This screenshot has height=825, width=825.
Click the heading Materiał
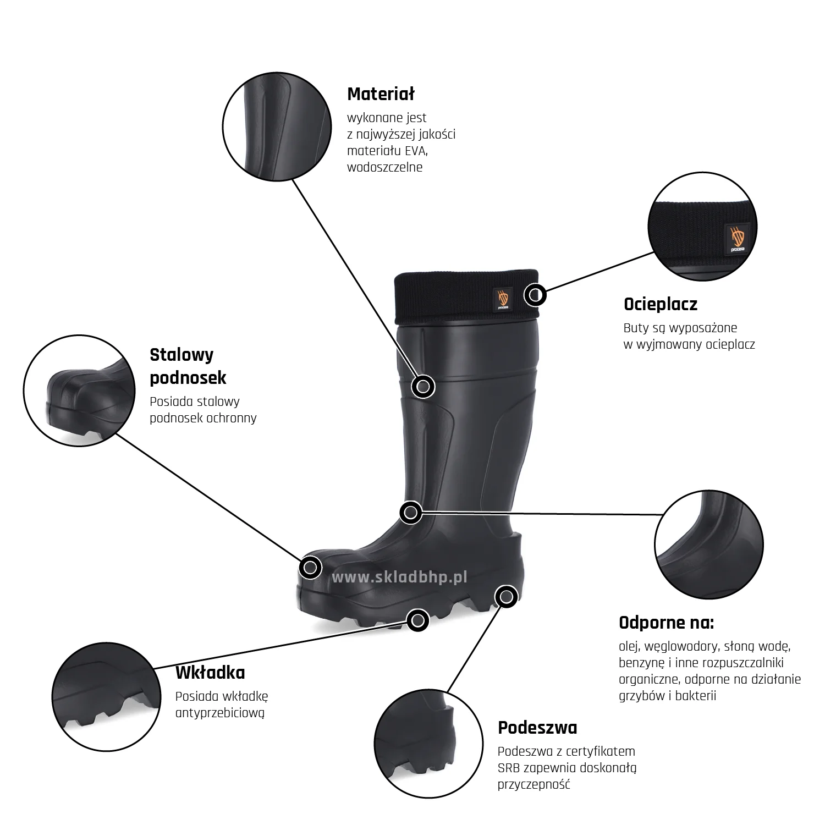381,94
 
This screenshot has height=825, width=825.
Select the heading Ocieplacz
661,304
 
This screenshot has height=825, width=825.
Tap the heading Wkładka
210,673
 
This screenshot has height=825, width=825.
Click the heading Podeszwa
537,728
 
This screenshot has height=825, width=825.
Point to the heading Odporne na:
666,623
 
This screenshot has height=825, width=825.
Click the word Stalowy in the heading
182,355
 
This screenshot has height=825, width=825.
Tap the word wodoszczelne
384,167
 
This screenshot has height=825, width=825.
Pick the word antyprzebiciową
220,713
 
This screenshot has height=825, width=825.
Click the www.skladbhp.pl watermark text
399,577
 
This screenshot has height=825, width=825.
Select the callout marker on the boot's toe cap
310,566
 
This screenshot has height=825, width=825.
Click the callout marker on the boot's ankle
410,513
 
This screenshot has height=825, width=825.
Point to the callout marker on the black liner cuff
535,295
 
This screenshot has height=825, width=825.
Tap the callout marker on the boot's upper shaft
423,387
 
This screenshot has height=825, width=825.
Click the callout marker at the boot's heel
506,596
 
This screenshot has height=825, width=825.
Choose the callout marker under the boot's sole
418,620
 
